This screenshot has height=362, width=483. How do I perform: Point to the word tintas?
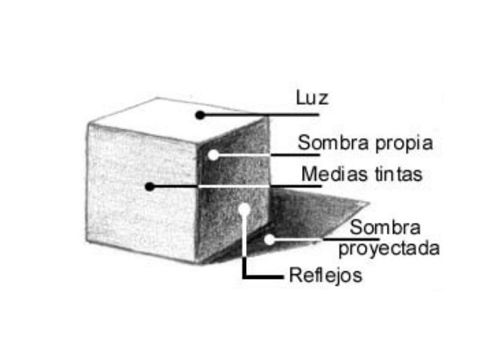coord(397,175)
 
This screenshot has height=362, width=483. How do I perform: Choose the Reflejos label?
coord(326,275)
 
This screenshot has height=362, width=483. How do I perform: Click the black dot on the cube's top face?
coord(199,115)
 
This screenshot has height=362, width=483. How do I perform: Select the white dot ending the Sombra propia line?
coord(213,155)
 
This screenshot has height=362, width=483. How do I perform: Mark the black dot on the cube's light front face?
coord(150,186)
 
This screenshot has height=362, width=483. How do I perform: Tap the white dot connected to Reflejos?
coord(244,209)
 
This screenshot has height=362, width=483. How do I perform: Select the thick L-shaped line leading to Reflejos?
coord(245,265)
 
